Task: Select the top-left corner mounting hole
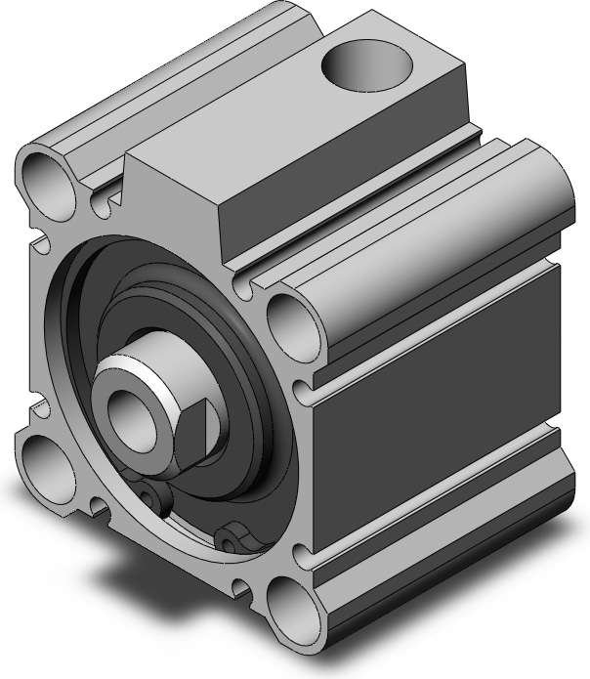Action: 49,177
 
